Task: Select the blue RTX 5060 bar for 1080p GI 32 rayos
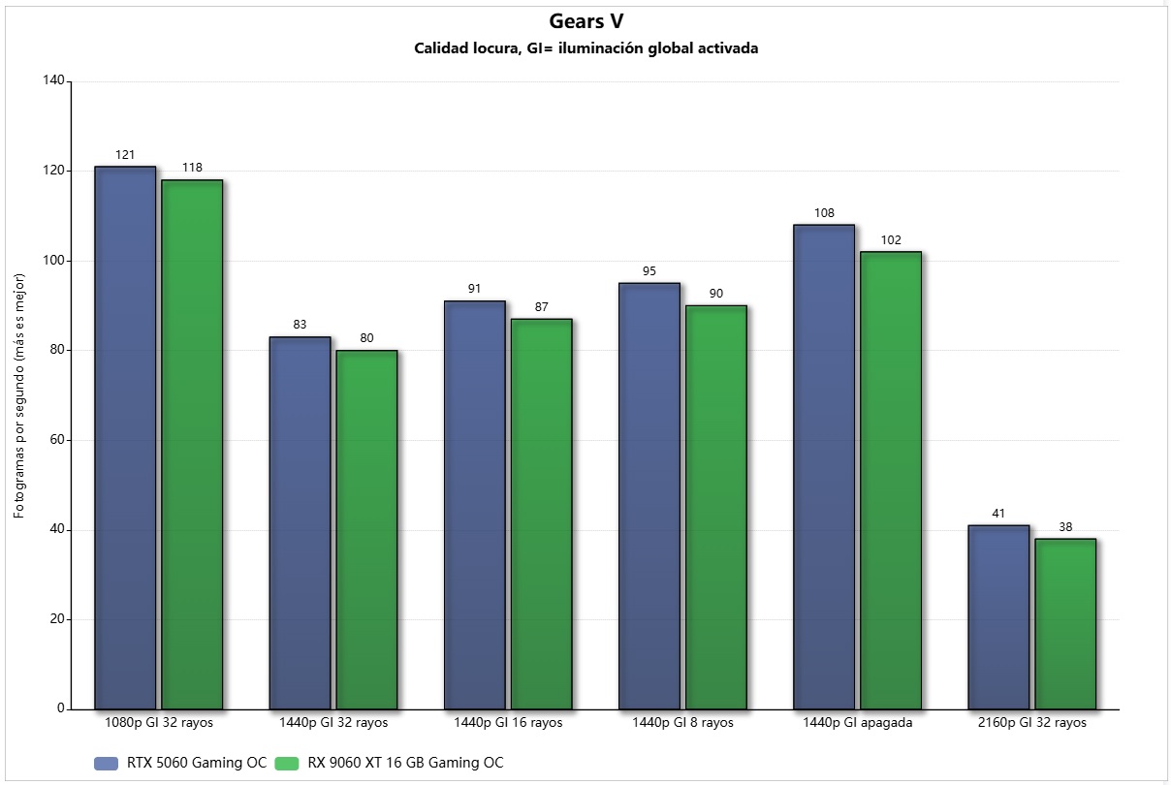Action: pos(125,437)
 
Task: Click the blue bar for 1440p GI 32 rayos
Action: pos(300,522)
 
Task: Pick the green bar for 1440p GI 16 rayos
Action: pos(541,514)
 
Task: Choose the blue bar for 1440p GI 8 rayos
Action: pos(649,495)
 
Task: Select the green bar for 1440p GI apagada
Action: pos(890,480)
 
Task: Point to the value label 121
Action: pos(125,155)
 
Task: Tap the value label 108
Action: pos(824,213)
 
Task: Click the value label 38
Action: pos(1065,527)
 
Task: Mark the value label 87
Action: pos(541,307)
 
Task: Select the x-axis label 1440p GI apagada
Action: pos(857,723)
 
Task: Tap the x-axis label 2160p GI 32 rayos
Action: pos(1031,723)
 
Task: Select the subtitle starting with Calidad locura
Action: pos(585,48)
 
